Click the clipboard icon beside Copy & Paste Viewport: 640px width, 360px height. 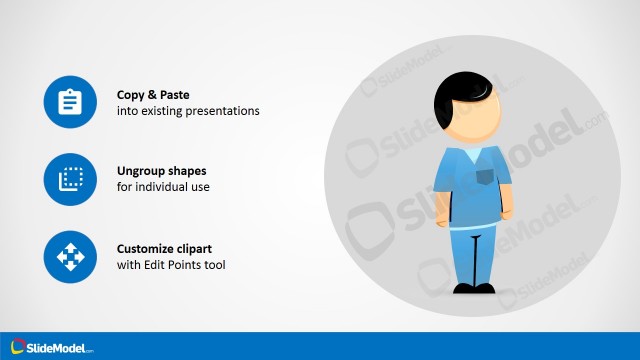(69, 102)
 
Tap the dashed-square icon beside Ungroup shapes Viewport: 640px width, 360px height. (69, 180)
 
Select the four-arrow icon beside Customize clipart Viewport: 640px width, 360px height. (69, 257)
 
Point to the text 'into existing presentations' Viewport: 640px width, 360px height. (188, 111)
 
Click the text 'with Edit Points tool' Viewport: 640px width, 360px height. (171, 265)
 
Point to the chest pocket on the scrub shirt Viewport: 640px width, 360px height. (484, 177)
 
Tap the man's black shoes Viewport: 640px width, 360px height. (474, 289)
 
